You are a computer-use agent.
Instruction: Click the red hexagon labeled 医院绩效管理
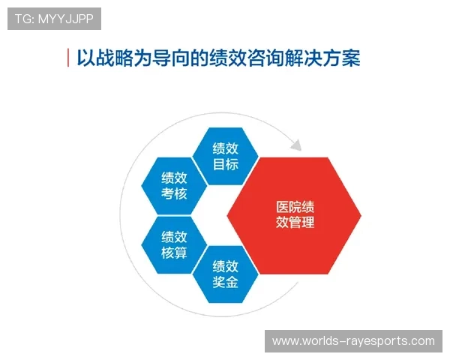(x=294, y=215)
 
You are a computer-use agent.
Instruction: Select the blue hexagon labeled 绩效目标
(x=226, y=156)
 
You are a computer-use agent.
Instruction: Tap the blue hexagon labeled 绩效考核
(x=174, y=186)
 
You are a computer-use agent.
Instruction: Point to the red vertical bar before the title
(x=68, y=58)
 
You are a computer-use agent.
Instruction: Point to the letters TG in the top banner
(x=22, y=19)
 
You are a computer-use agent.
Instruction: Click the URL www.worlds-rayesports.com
(x=352, y=341)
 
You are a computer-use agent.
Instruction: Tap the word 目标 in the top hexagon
(x=226, y=164)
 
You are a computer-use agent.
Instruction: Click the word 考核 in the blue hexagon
(x=174, y=194)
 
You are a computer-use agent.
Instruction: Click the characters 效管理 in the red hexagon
(x=294, y=223)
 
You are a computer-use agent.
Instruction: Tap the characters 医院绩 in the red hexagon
(x=294, y=207)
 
